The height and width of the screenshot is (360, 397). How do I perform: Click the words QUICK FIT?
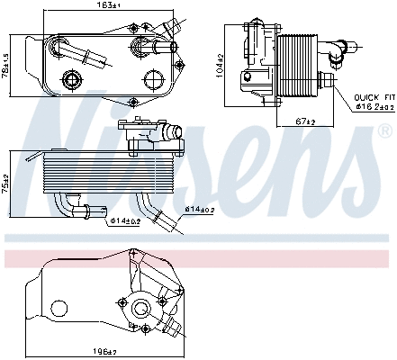[x=372, y=96]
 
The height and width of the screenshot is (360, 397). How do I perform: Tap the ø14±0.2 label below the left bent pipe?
[x=124, y=218]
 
